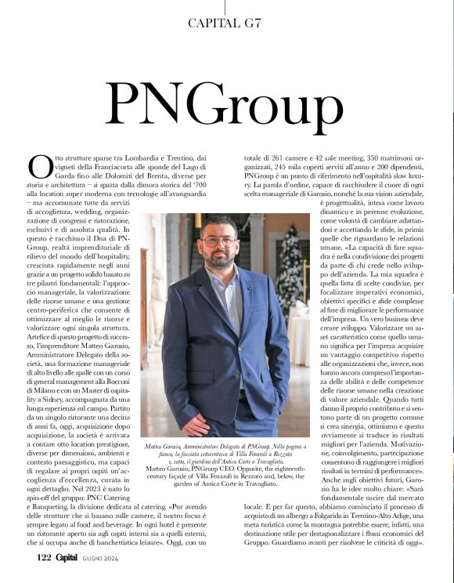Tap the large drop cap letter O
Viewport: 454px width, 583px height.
pos(39,165)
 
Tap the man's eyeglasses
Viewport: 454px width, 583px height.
pos(218,241)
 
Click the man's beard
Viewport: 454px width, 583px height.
pos(219,258)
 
